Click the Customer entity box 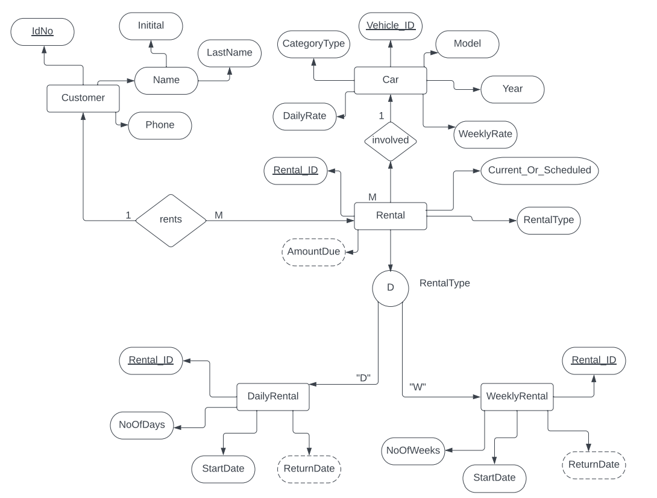tap(83, 98)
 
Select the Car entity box tap(390, 80)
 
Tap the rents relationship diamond tap(171, 220)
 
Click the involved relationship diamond tap(391, 140)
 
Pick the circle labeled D tap(390, 288)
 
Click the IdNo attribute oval tap(43, 31)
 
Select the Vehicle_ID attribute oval tap(390, 27)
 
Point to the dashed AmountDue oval tap(313, 251)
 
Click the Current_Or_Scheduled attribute tap(539, 170)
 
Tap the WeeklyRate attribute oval tap(486, 134)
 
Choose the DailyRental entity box tap(272, 397)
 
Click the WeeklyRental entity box tap(517, 397)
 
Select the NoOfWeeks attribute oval tap(413, 450)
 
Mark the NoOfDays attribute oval tap(142, 425)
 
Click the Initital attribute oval tap(151, 26)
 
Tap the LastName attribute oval tap(229, 53)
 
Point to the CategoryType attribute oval tap(313, 44)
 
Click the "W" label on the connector tap(418, 386)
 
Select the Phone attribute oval tap(160, 125)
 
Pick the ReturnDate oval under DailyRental tap(309, 468)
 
